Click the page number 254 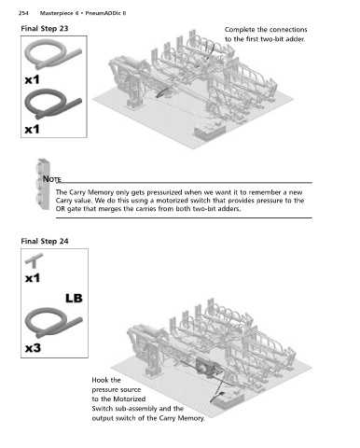(x=23, y=13)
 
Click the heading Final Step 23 (x=45, y=29)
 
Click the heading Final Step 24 (x=45, y=241)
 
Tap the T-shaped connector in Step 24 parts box (x=34, y=260)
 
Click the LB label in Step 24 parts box (x=74, y=299)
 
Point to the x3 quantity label (x=33, y=347)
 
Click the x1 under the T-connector (x=33, y=278)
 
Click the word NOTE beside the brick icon (x=52, y=179)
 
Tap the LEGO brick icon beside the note (x=43, y=184)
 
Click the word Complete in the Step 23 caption (x=238, y=30)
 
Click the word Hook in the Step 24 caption (x=99, y=380)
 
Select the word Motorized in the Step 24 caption (x=132, y=399)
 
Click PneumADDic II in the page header (x=105, y=13)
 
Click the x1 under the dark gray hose (x=33, y=129)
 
